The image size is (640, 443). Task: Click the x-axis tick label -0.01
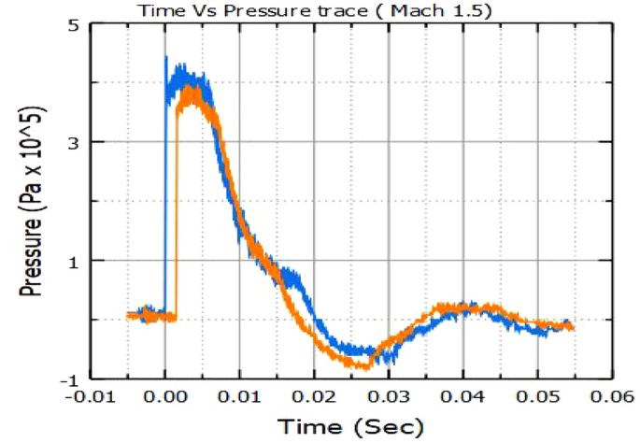tap(91, 395)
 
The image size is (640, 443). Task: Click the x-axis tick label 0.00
tap(164, 395)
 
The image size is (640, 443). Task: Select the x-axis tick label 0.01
tap(239, 395)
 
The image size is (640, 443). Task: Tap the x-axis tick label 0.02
tap(314, 395)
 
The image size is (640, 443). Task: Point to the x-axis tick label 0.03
tap(389, 395)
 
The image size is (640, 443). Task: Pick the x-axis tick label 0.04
tap(462, 395)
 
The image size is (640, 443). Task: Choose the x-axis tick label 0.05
tap(537, 395)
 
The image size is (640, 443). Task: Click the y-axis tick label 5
tap(72, 23)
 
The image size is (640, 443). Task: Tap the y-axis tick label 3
tap(72, 142)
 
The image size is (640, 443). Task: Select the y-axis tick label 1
tap(72, 261)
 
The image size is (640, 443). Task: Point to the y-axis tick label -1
tap(68, 379)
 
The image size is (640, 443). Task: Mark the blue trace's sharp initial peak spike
tap(166, 58)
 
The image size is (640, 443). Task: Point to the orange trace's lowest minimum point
tap(364, 366)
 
